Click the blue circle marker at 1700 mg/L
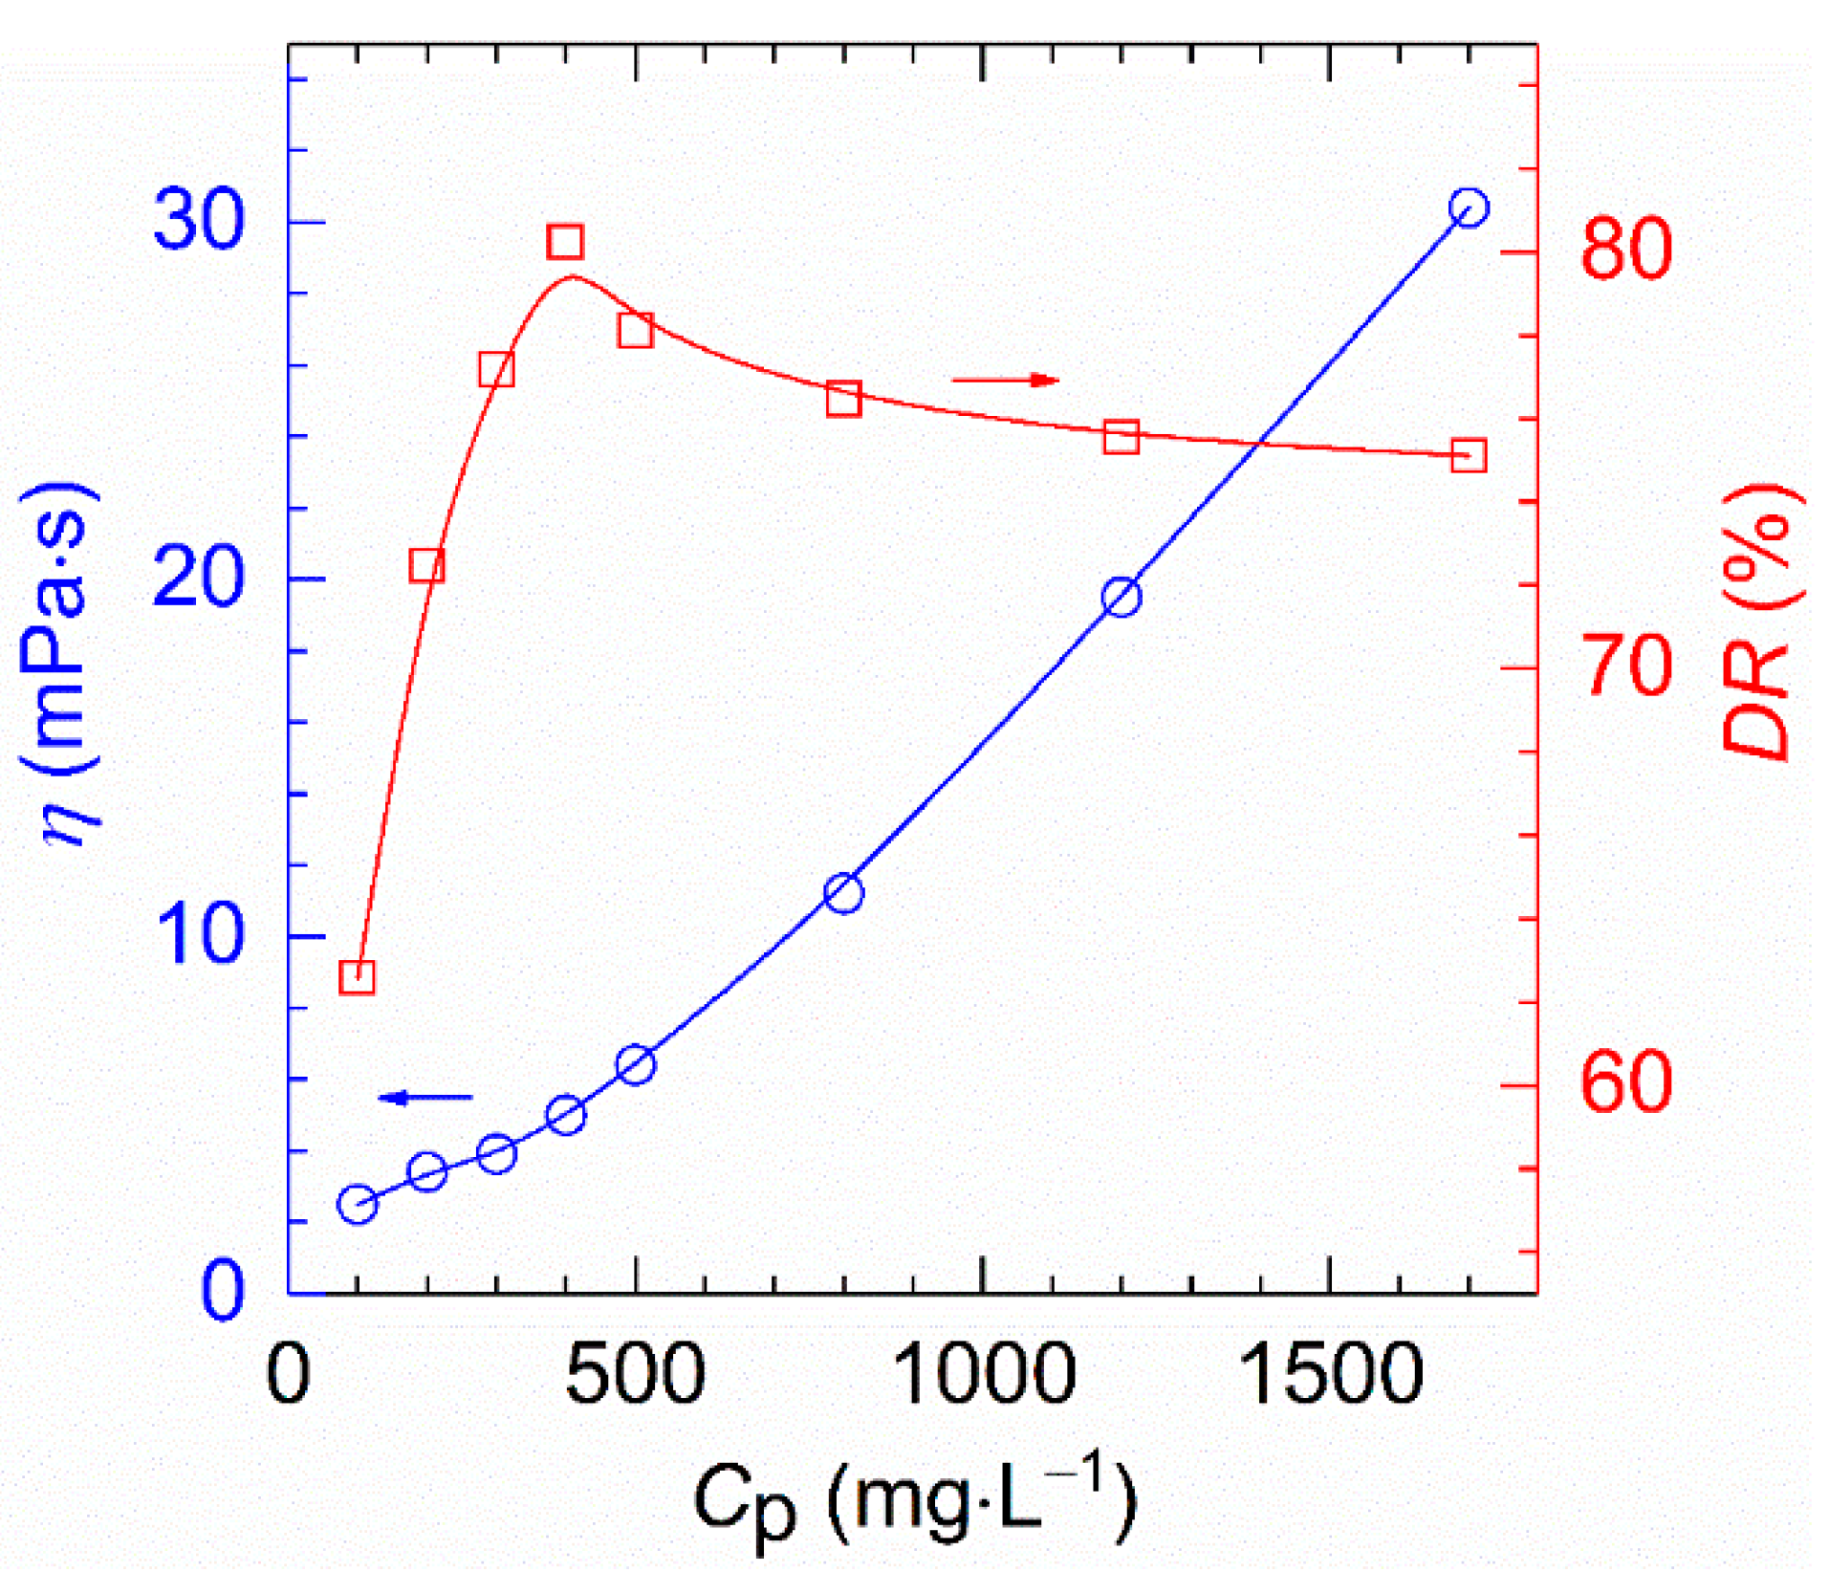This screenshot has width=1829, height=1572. (x=1469, y=207)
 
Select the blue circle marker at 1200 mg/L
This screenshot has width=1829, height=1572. (x=1121, y=598)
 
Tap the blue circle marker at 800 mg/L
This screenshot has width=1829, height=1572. (x=843, y=893)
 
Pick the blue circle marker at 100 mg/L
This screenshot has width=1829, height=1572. (x=358, y=1204)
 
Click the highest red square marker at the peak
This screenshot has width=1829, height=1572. (x=565, y=242)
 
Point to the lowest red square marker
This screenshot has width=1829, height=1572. (x=357, y=977)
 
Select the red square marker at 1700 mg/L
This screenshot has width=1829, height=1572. (x=1469, y=455)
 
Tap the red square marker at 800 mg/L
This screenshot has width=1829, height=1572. (x=843, y=399)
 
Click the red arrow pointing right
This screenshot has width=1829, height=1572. (x=1005, y=381)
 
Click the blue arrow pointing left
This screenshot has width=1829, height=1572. (x=425, y=1097)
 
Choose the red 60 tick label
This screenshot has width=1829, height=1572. (x=1626, y=1082)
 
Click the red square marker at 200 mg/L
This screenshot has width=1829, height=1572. (x=426, y=566)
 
